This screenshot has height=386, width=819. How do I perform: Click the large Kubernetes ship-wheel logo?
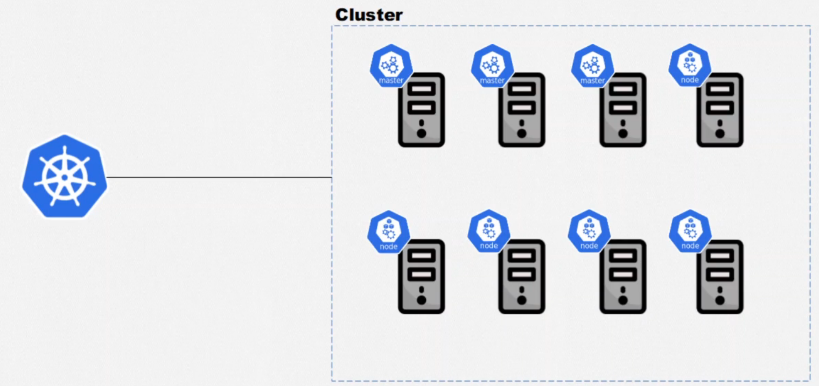click(65, 177)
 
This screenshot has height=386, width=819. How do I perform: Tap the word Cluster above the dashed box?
click(368, 15)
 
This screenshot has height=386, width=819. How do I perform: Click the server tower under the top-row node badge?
click(720, 110)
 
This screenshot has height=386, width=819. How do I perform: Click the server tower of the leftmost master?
click(422, 110)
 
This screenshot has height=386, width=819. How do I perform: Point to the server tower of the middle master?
click(522, 110)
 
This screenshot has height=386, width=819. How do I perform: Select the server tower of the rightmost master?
click(623, 110)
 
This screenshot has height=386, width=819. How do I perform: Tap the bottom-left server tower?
click(422, 277)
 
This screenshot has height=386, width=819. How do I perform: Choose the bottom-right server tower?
click(720, 277)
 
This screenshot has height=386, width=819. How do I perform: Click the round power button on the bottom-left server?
click(422, 299)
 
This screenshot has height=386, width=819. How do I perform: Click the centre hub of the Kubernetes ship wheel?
click(65, 177)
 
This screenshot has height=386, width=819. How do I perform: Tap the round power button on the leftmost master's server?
click(422, 132)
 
